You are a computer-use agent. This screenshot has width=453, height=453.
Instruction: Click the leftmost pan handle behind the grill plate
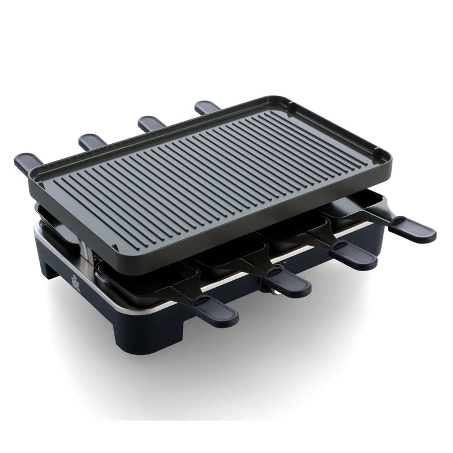click(x=28, y=163)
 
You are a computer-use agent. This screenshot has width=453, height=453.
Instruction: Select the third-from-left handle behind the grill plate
click(x=151, y=123)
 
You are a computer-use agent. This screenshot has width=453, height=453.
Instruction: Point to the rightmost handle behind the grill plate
click(x=207, y=106)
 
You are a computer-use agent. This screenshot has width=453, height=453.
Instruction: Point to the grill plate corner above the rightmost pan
click(x=385, y=155)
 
